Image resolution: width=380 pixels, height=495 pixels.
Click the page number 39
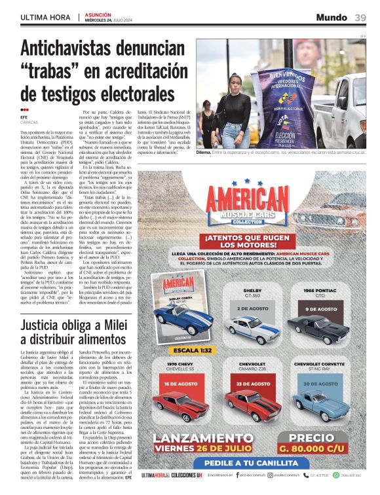(360, 18)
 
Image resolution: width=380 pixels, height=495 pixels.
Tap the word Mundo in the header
(332, 18)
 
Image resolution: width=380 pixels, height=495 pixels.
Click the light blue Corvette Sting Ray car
(320, 404)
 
